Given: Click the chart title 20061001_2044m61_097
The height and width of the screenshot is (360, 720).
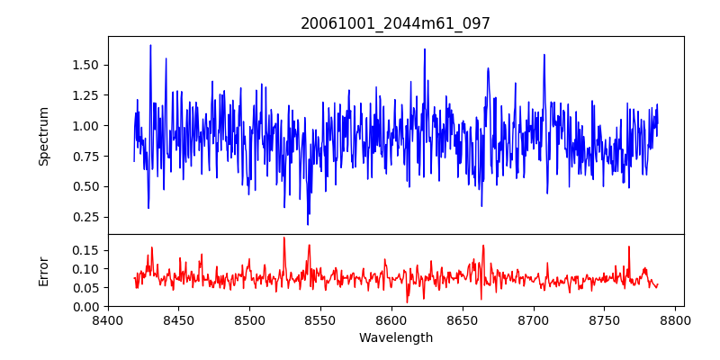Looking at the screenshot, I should [x=395, y=23].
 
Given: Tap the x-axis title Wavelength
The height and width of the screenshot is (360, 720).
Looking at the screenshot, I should [x=395, y=338].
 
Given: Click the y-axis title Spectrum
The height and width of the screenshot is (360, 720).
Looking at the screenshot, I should [x=43, y=136].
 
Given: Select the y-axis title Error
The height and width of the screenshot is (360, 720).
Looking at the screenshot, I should [x=43, y=270].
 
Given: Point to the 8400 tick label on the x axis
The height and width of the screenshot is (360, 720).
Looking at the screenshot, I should [x=108, y=319].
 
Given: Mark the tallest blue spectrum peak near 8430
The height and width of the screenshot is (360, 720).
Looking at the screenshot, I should [x=150, y=45].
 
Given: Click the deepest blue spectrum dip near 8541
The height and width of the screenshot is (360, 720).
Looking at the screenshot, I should [x=308, y=224].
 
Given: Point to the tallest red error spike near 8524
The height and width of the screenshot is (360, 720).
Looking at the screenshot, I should [x=283, y=238].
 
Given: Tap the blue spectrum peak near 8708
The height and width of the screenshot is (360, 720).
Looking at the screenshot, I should [x=544, y=55].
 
